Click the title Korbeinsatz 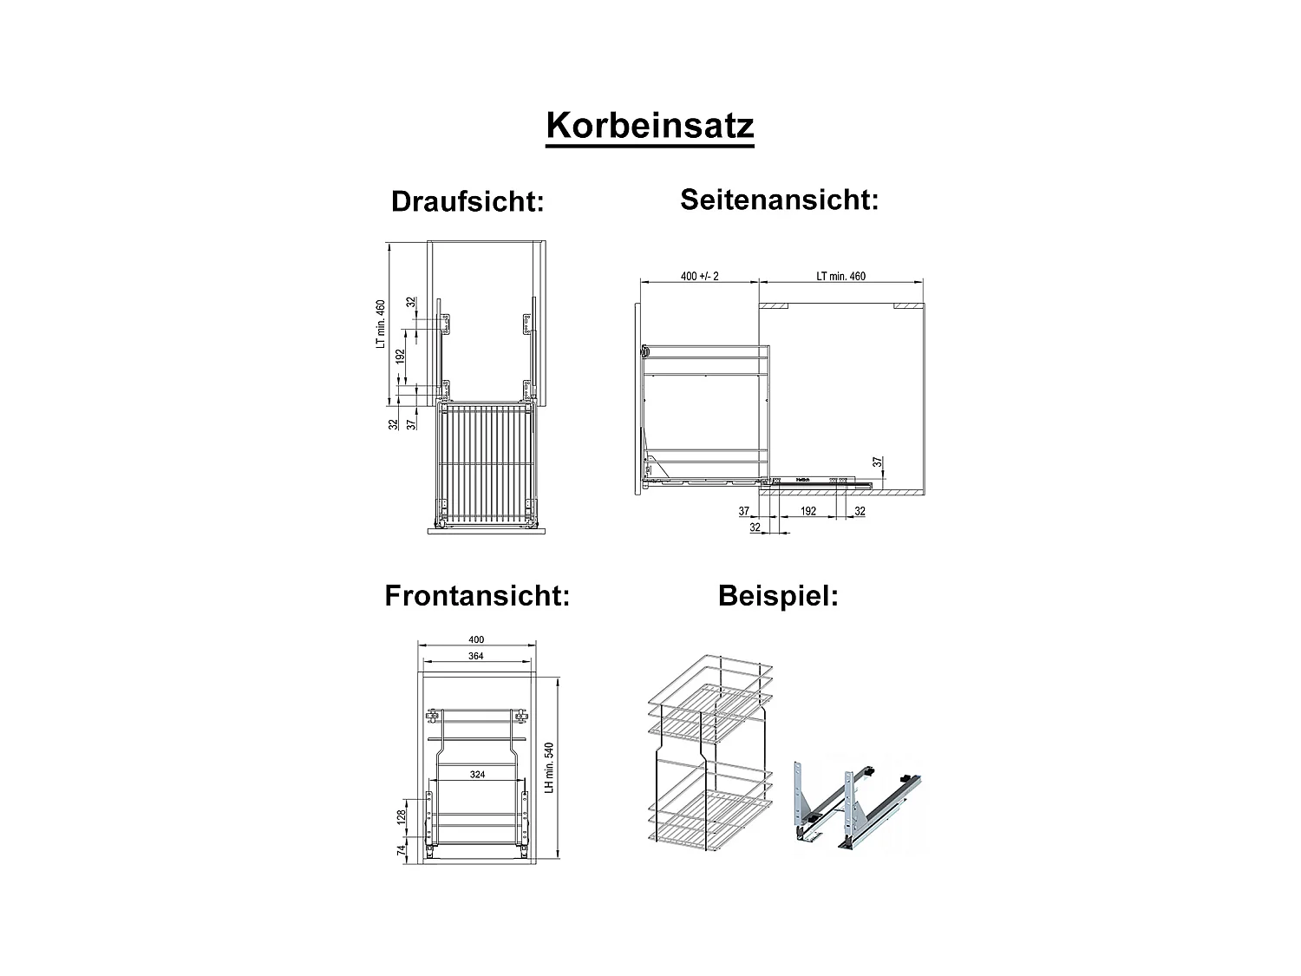pyautogui.click(x=650, y=127)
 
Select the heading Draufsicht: pyautogui.click(x=467, y=201)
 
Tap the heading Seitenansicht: pyautogui.click(x=779, y=200)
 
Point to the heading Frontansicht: pyautogui.click(x=477, y=597)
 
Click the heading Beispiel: pyautogui.click(x=778, y=597)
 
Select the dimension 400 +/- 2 pyautogui.click(x=700, y=277)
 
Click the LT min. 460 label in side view pyautogui.click(x=840, y=277)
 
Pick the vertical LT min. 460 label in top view pyautogui.click(x=380, y=324)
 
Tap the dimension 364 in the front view pyautogui.click(x=475, y=657)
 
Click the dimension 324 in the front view pyautogui.click(x=477, y=775)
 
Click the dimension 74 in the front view pyautogui.click(x=401, y=851)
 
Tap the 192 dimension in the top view pyautogui.click(x=401, y=357)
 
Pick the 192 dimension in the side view pyautogui.click(x=808, y=512)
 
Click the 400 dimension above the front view pyautogui.click(x=475, y=640)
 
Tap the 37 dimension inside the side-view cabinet pyautogui.click(x=877, y=462)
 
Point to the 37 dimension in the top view pyautogui.click(x=411, y=423)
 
